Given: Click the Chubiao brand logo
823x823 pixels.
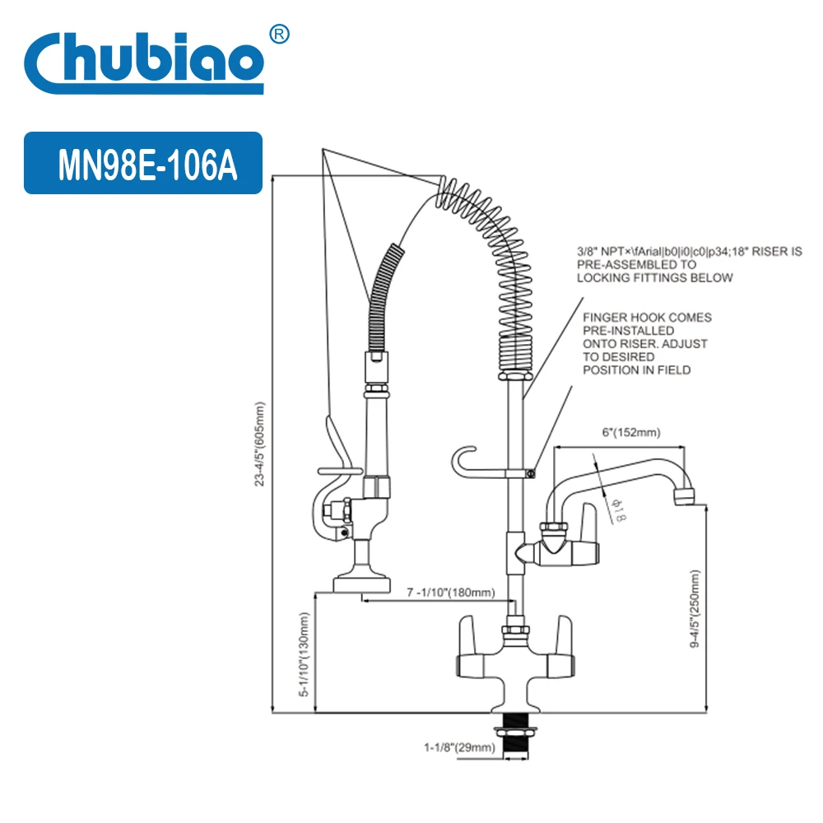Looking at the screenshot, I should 144,59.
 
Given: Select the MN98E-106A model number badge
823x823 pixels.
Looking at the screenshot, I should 143,164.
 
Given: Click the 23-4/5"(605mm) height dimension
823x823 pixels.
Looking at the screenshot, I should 260,444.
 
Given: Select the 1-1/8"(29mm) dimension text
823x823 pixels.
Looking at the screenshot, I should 459,747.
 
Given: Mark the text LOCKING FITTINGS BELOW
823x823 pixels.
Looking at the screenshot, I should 654,278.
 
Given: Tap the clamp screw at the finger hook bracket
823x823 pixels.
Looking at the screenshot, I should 532,472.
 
